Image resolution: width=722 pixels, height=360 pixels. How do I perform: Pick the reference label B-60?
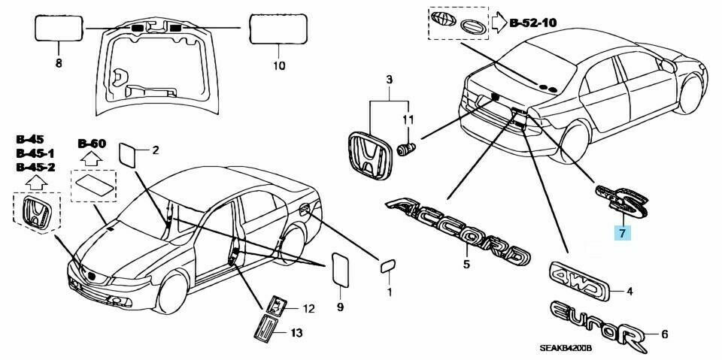coord(92,143)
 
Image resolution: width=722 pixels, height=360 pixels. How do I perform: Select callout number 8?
coord(59,65)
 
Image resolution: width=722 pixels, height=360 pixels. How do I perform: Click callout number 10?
coord(278,65)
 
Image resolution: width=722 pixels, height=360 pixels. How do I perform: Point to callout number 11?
coord(407,119)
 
